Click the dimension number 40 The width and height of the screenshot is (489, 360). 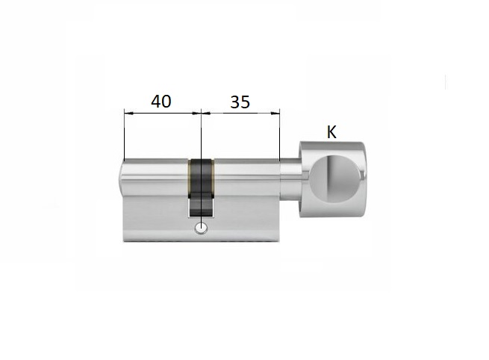[161, 102]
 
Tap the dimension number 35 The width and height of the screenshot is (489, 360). [240, 102]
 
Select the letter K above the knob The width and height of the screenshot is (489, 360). [331, 132]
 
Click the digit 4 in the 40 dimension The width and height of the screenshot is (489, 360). [156, 102]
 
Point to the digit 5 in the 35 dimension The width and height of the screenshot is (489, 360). [246, 102]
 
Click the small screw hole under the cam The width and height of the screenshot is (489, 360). [201, 229]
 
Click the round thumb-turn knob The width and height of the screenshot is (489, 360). [332, 180]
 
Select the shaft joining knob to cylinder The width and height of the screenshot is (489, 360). [290, 179]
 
